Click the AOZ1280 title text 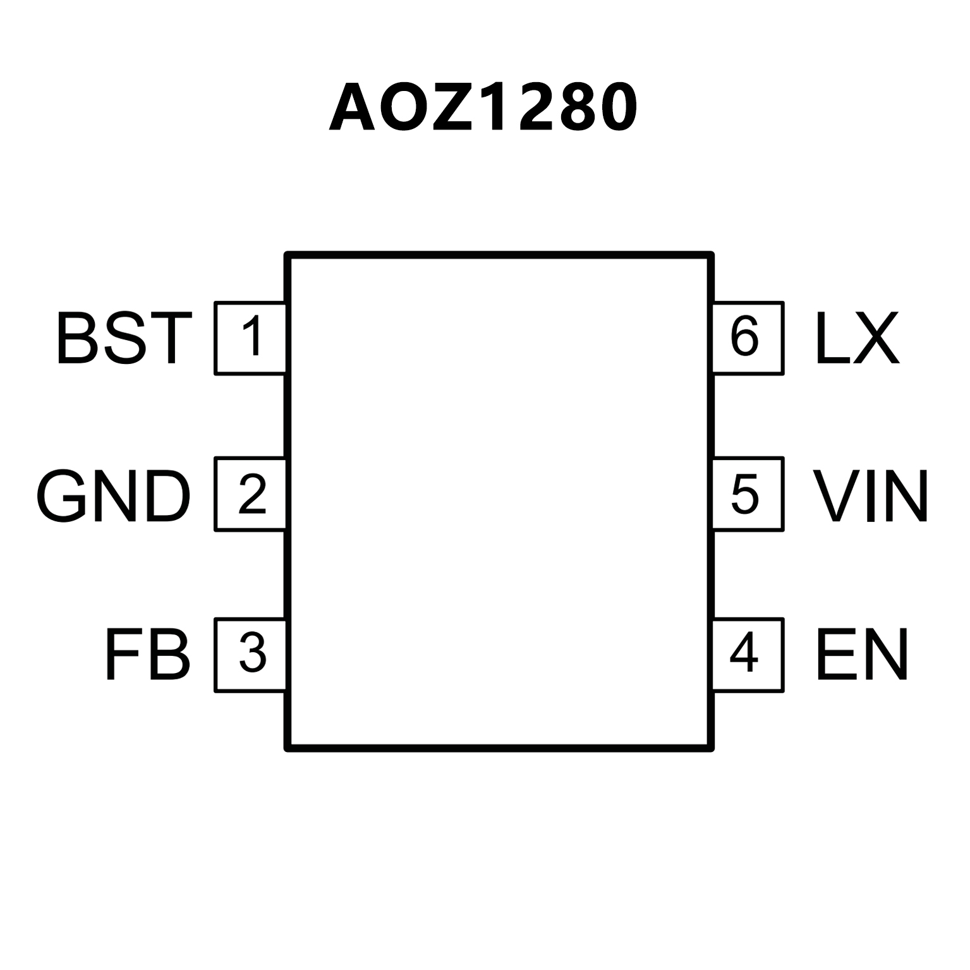[x=483, y=107]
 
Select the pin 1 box [x=251, y=338]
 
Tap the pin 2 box [x=251, y=494]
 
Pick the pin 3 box [x=251, y=655]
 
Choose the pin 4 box [x=748, y=655]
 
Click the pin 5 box [x=748, y=494]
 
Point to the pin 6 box [x=748, y=338]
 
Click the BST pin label [x=124, y=339]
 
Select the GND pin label [x=113, y=496]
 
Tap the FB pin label [x=147, y=655]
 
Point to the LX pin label [x=857, y=339]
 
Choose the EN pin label [x=862, y=655]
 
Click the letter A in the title [x=353, y=108]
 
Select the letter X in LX [x=875, y=339]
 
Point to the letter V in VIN [x=837, y=496]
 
